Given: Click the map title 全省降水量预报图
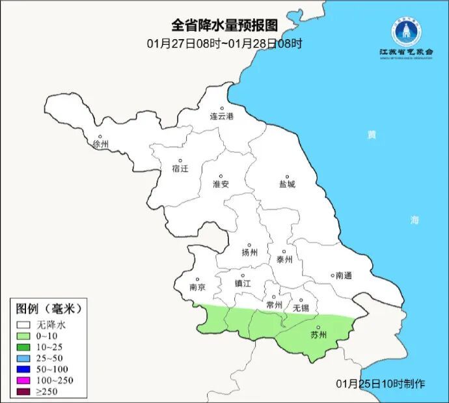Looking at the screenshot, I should point(224,25).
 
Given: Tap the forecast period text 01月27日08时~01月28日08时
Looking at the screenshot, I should point(224,44).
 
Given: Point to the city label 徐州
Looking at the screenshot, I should point(102,144).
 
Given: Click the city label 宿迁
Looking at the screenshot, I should point(180,169).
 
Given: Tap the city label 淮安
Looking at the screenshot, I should point(221,184).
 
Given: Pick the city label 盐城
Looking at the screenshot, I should point(286,184).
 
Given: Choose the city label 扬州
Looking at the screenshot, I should point(249,253).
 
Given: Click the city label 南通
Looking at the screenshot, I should point(342,275).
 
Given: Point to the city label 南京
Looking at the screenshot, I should point(197,287).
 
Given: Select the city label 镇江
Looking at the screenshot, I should point(243,284).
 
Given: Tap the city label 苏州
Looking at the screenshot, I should point(318,336).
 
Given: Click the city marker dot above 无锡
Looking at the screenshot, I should point(301,301).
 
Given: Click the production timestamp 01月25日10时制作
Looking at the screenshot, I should point(381,383).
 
